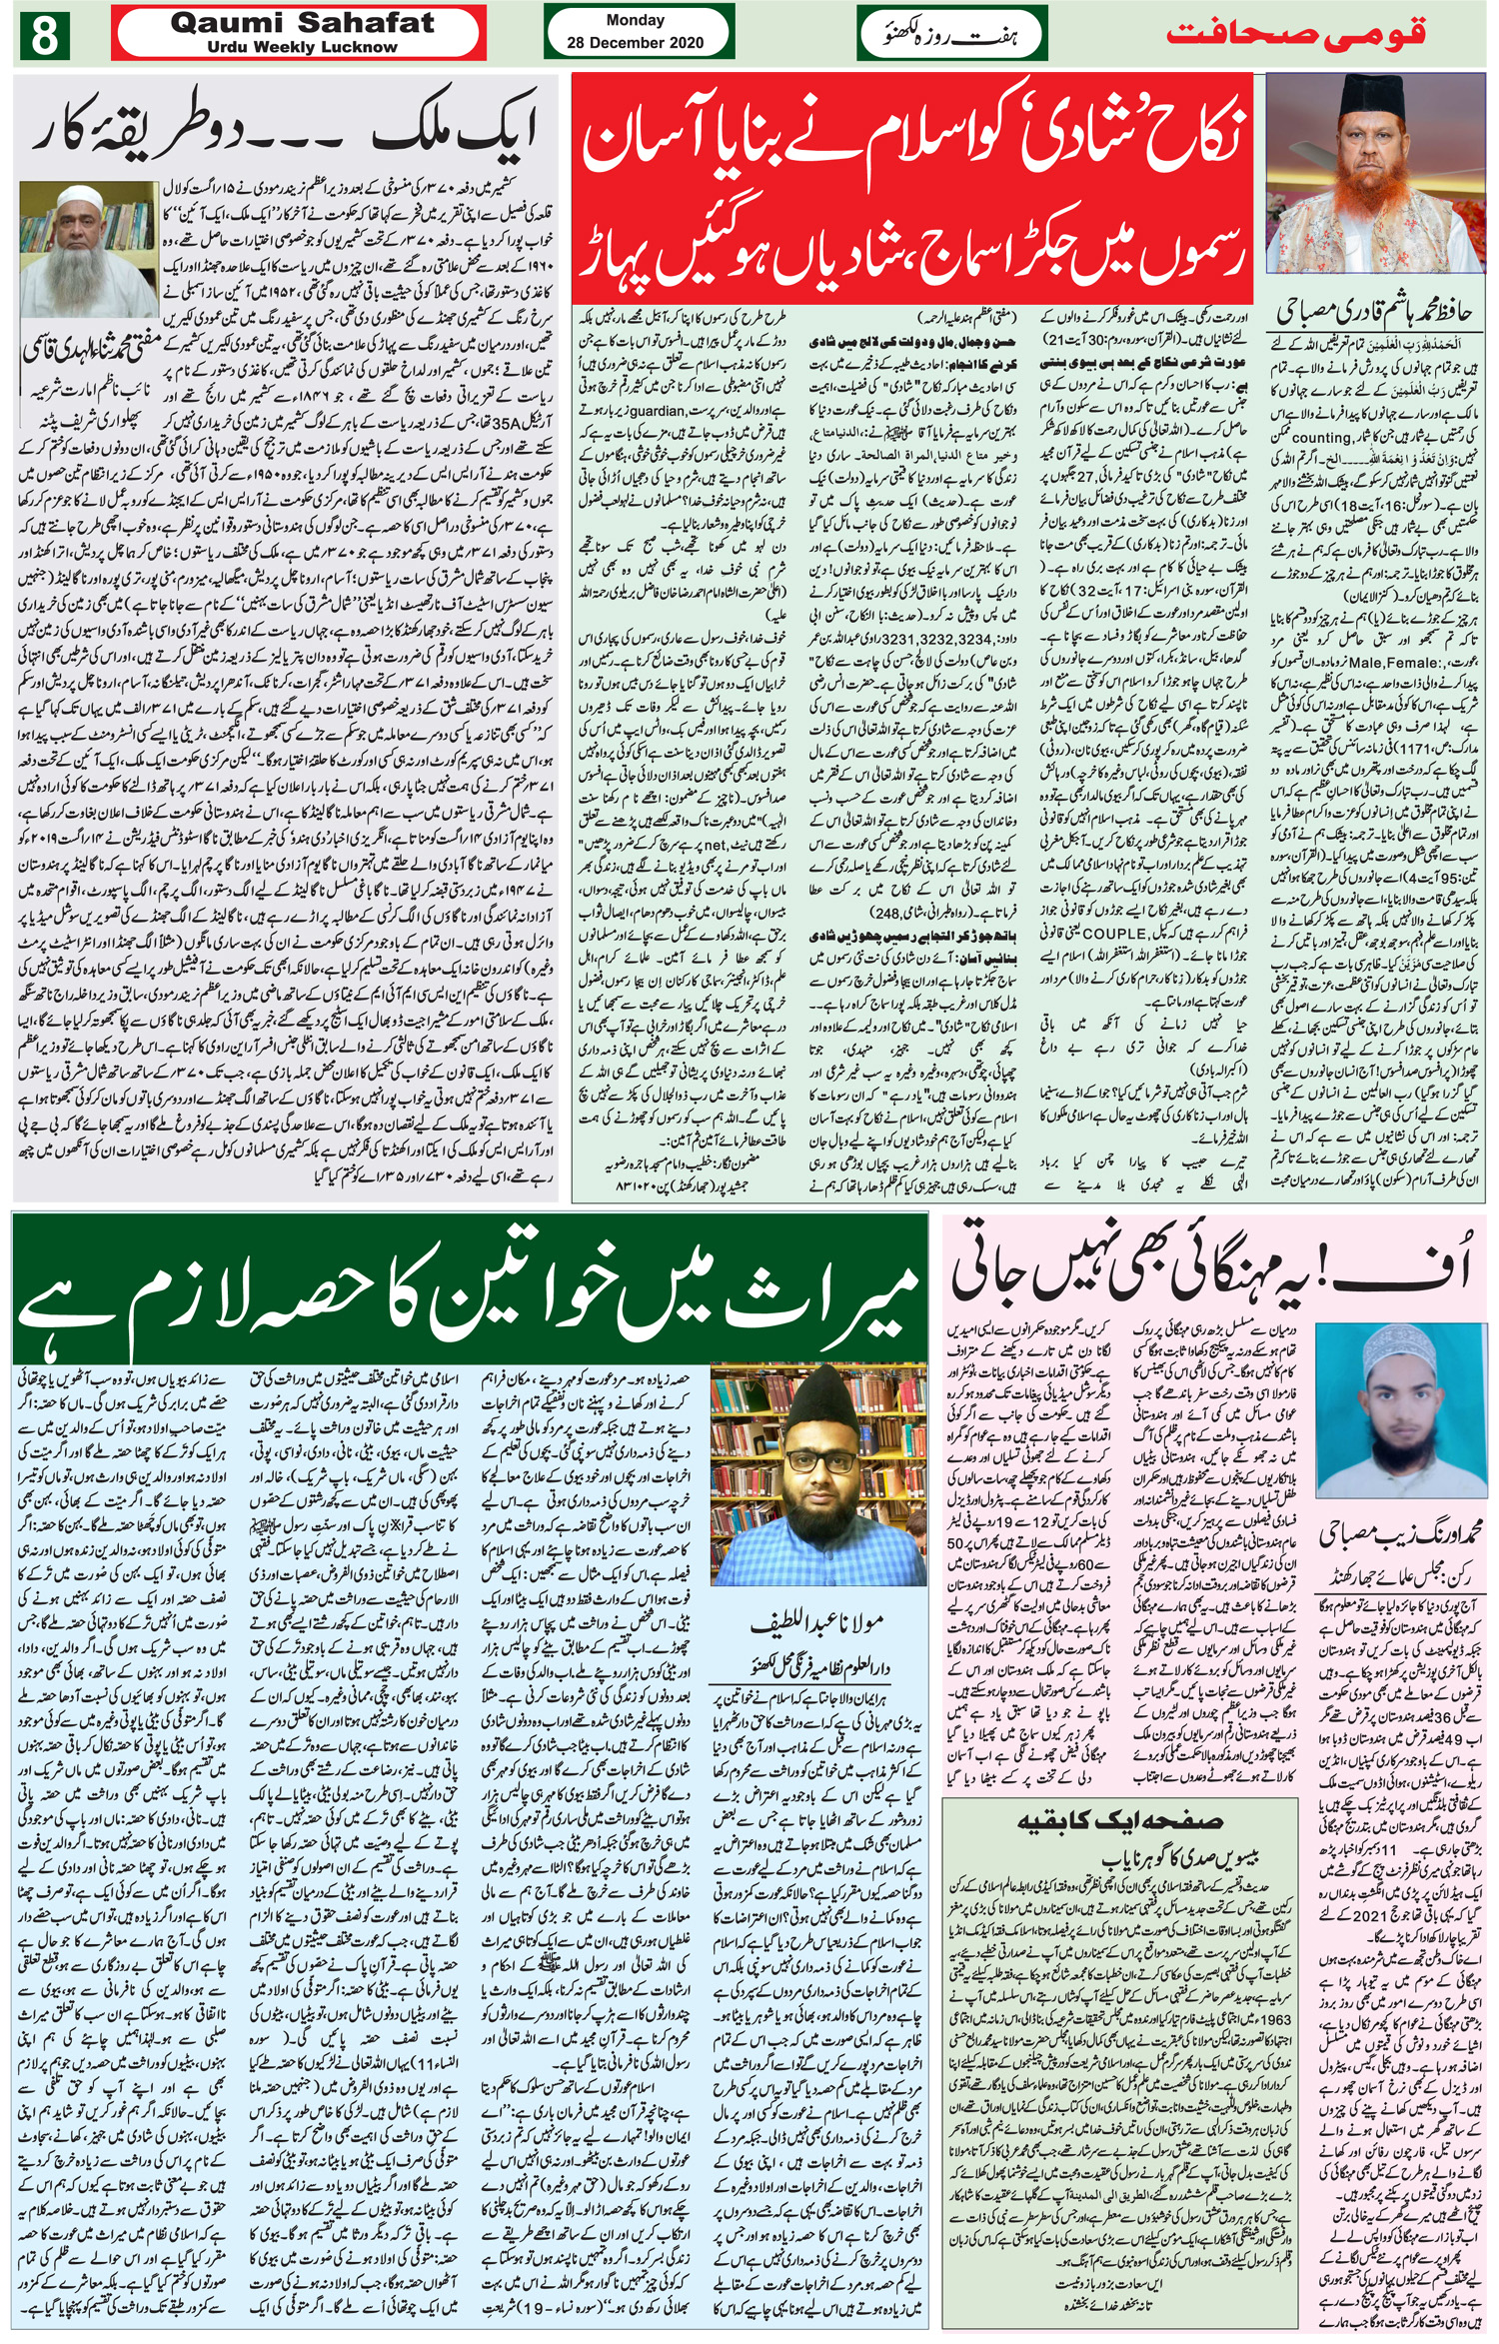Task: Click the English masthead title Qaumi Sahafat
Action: (x=302, y=23)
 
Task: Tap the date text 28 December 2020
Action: (x=635, y=42)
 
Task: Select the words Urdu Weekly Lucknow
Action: (x=302, y=47)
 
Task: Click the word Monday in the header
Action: (x=635, y=20)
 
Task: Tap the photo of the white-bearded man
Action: (x=89, y=252)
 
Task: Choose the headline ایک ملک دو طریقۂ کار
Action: (x=285, y=130)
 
